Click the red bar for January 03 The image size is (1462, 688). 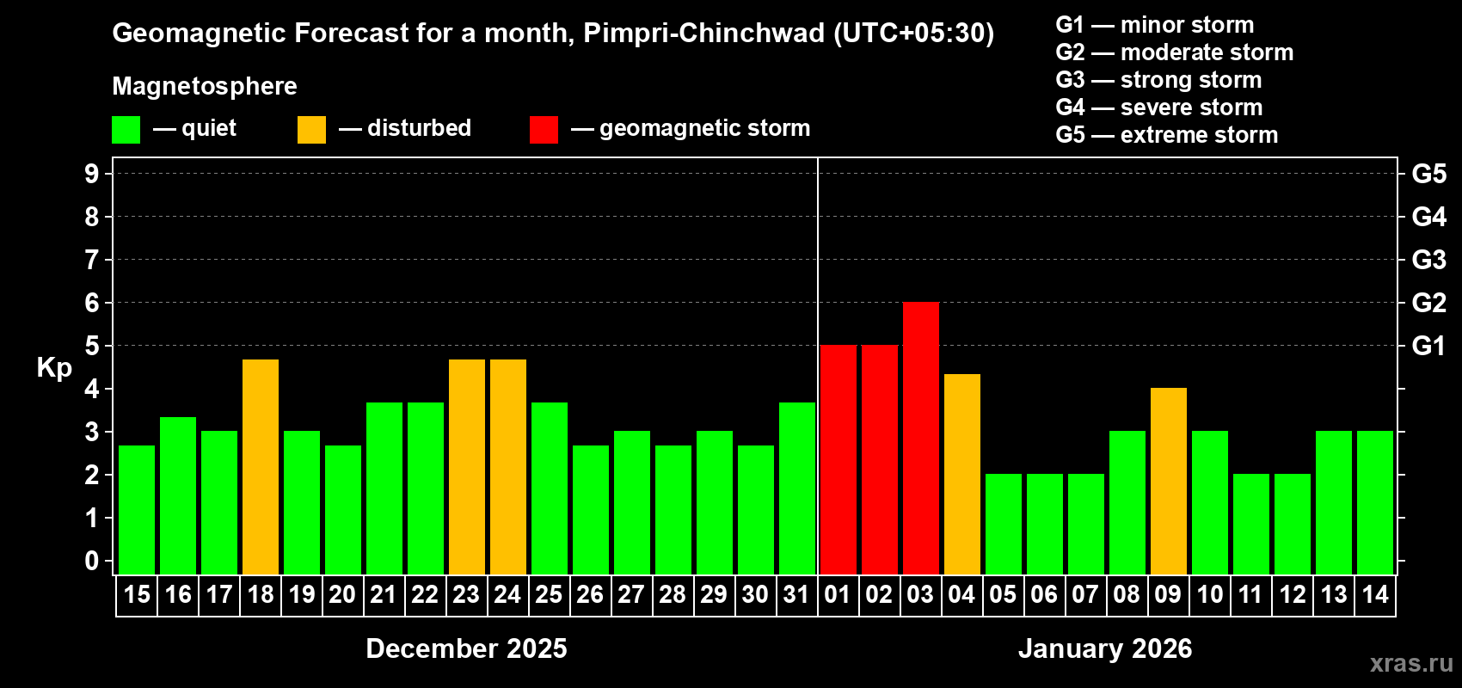920,439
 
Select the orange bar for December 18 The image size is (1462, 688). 261,467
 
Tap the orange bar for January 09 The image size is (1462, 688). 1168,482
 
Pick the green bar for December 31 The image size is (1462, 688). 797,488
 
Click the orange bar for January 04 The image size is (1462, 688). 961,475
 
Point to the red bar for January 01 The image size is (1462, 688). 838,460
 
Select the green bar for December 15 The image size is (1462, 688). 137,510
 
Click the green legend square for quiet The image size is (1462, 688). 126,130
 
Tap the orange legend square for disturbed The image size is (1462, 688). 311,130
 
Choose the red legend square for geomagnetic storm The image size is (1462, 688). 544,130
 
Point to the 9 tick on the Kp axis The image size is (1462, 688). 92,174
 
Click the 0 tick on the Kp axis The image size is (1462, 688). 92,562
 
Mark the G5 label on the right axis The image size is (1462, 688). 1428,174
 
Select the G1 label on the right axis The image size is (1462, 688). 1428,346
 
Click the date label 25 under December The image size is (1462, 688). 549,595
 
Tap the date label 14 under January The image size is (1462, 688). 1374,595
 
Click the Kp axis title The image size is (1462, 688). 54,368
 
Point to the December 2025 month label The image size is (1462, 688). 466,648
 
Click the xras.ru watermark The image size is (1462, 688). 1411,663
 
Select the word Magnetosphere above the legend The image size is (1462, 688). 205,86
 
